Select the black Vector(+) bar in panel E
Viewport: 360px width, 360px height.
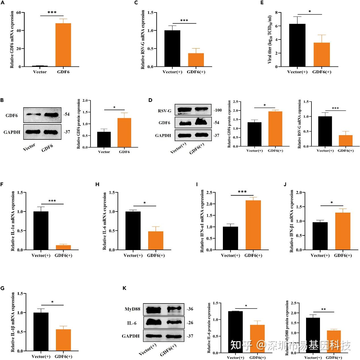pyautogui.click(x=298, y=45)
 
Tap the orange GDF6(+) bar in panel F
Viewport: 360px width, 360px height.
pyautogui.click(x=63, y=247)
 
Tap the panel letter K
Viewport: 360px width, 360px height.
pyautogui.click(x=124, y=288)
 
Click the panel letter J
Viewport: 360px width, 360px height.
pyautogui.click(x=285, y=184)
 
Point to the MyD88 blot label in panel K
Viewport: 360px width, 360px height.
pyautogui.click(x=132, y=309)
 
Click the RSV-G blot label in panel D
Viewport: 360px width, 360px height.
pyautogui.click(x=165, y=110)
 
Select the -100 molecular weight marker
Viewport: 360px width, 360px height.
pyautogui.click(x=217, y=110)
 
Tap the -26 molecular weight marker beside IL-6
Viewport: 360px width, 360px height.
pyautogui.click(x=190, y=323)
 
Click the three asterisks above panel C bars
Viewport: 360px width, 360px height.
pyautogui.click(x=184, y=20)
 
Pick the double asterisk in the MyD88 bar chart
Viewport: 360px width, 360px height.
pyautogui.click(x=323, y=309)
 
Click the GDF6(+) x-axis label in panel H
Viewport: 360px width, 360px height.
pyautogui.click(x=156, y=256)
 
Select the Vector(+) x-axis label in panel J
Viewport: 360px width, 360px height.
pyautogui.click(x=320, y=256)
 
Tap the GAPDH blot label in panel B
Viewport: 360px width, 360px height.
pyautogui.click(x=12, y=132)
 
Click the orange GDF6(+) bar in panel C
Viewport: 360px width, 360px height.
pyautogui.click(x=196, y=60)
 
